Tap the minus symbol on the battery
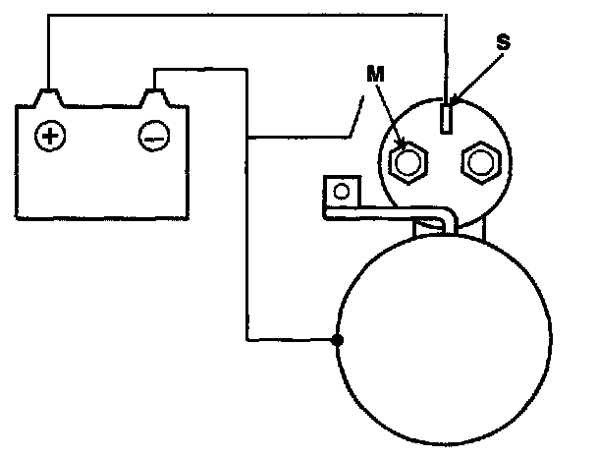pos(152,138)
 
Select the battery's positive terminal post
pos(47,97)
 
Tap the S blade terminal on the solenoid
pos(448,118)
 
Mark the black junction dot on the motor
pos(337,342)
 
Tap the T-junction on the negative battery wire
pos(248,137)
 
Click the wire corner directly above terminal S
pos(448,15)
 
